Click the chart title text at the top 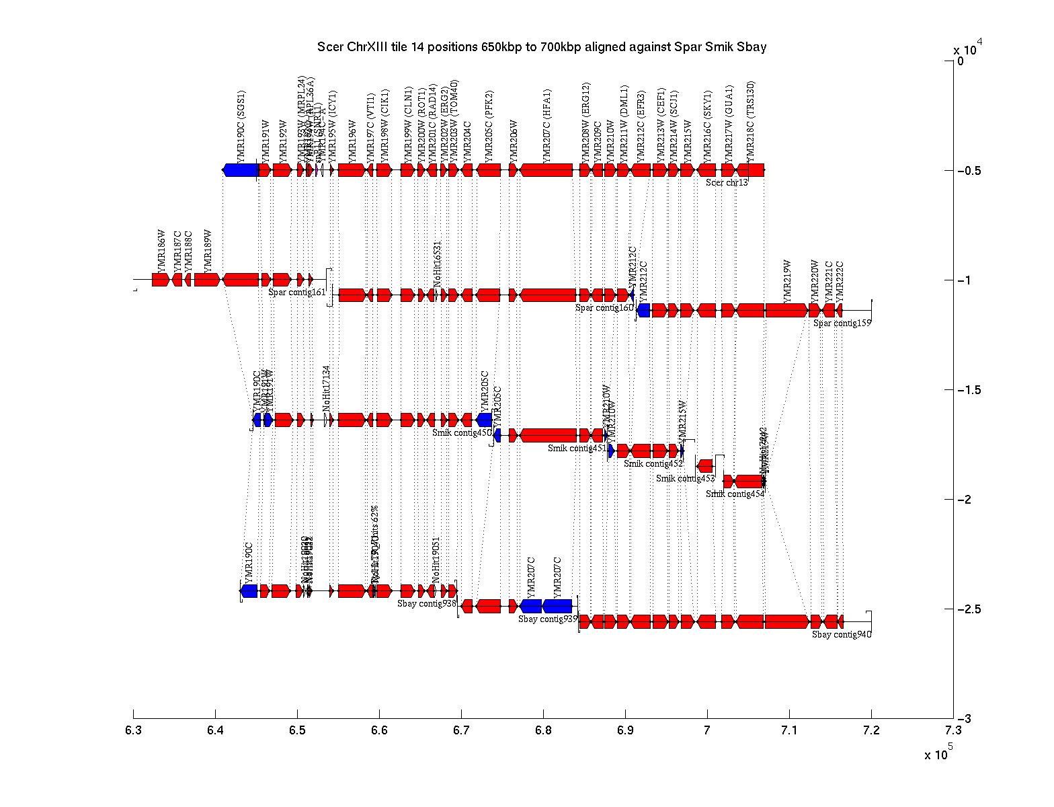point(542,47)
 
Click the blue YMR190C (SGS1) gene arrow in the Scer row point(241,170)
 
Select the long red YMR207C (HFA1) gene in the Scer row point(546,170)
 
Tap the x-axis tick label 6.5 point(298,731)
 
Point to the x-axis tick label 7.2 point(871,731)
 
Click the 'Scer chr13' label point(727,182)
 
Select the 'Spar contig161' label point(296,293)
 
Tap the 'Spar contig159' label point(842,323)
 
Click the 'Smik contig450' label point(462,433)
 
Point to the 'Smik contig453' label point(685,479)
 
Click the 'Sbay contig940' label point(841,634)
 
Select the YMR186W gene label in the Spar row point(161,251)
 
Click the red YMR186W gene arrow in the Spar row point(160,280)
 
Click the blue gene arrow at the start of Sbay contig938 point(249,591)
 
